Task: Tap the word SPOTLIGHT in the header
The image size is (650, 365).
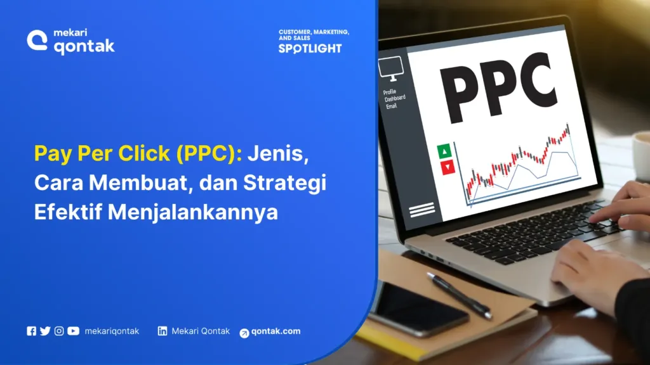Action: click(310, 48)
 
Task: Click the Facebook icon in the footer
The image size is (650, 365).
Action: click(32, 331)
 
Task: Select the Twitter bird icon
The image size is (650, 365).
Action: click(45, 331)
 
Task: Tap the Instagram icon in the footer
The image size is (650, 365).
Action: click(59, 331)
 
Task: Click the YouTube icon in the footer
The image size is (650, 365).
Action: click(73, 331)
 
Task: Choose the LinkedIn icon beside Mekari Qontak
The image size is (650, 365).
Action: click(162, 331)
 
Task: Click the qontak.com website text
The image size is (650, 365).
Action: click(276, 331)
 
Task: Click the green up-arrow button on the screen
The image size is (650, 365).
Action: click(444, 151)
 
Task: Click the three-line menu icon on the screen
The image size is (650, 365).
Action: click(422, 210)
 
